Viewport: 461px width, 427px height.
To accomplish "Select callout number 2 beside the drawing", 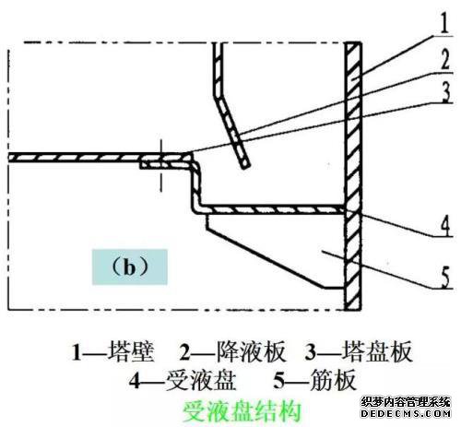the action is [445, 59].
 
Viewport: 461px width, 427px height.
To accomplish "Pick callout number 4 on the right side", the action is [445, 226].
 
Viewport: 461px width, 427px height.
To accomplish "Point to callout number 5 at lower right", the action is [445, 278].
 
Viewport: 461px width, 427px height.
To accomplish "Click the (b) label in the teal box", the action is [130, 267].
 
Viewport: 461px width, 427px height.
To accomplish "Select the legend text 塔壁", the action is [131, 351].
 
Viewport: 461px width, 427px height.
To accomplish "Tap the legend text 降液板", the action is [251, 351].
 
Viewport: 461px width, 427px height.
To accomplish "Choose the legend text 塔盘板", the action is [377, 351].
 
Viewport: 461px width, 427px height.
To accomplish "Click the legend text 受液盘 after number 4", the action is [201, 380].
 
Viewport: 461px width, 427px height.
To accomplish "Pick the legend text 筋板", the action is [333, 380].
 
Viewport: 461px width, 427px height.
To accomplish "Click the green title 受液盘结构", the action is [242, 411].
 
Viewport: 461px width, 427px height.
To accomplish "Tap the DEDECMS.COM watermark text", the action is [406, 413].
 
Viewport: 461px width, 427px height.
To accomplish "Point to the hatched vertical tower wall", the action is [353, 175].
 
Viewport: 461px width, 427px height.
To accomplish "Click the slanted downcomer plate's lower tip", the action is [245, 167].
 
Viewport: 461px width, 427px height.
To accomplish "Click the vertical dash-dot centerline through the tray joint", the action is [160, 165].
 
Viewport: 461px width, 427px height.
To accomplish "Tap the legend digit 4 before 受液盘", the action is [135, 381].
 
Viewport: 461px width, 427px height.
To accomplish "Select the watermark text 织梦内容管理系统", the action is [406, 402].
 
